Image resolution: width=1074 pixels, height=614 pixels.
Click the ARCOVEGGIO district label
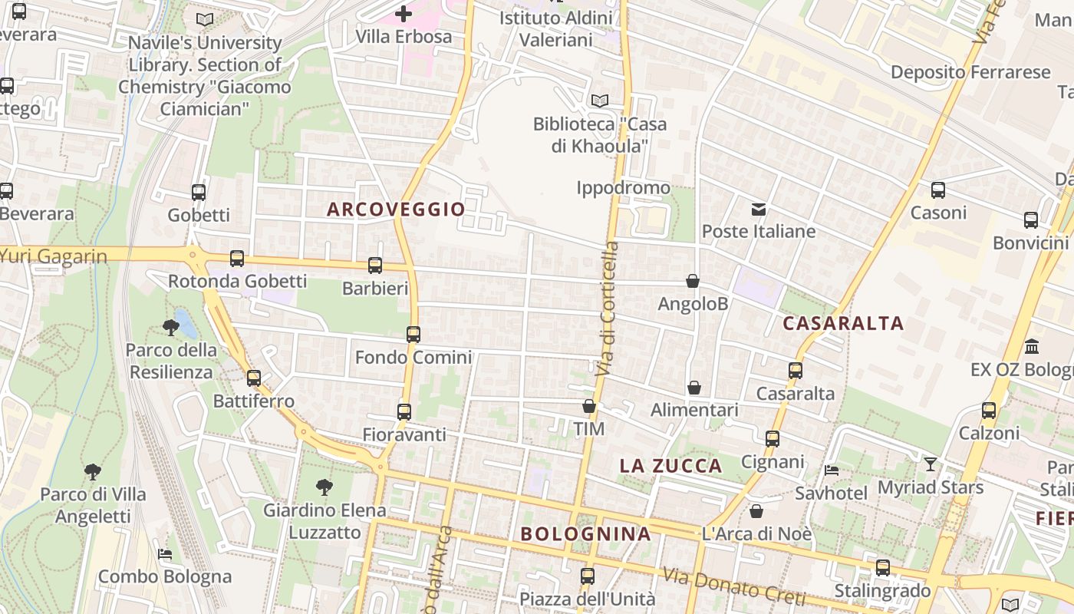click(x=396, y=209)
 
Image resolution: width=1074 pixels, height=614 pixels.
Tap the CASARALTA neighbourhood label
click(x=843, y=323)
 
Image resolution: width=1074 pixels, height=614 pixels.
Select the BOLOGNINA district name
click(x=585, y=533)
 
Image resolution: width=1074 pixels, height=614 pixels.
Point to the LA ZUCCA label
click(x=670, y=466)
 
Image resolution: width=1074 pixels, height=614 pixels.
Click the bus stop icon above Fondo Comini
click(x=413, y=335)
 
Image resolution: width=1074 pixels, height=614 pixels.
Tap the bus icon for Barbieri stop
click(x=375, y=266)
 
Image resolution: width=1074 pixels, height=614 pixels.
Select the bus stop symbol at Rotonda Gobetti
click(x=237, y=259)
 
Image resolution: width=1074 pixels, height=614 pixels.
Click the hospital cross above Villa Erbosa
click(x=404, y=14)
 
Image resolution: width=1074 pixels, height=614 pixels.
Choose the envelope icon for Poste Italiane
click(x=759, y=209)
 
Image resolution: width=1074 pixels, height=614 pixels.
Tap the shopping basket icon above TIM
click(x=589, y=406)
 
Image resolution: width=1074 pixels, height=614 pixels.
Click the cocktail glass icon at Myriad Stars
click(x=931, y=464)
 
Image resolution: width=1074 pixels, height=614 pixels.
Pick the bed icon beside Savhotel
click(x=831, y=470)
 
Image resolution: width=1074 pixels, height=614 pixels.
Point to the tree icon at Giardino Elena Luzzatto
click(x=325, y=487)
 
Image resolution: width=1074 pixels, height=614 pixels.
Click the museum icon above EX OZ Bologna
click(x=1032, y=346)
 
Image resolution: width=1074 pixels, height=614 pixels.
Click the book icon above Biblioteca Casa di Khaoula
click(x=600, y=101)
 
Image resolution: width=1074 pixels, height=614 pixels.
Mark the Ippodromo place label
click(x=623, y=188)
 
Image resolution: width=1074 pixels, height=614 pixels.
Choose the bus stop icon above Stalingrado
click(x=883, y=568)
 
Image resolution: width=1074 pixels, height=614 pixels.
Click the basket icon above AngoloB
click(x=693, y=282)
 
